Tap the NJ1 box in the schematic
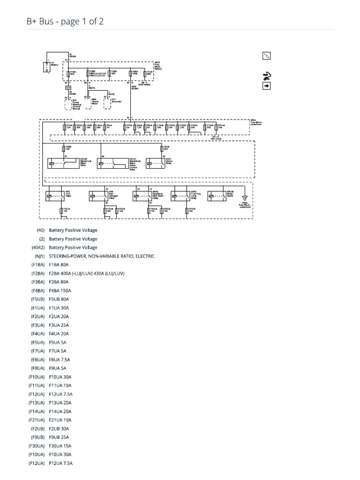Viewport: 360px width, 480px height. (68, 87)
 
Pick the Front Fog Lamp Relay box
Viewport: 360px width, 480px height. (180, 196)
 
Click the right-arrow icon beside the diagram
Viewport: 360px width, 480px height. (266, 86)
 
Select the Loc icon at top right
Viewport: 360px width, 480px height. (266, 56)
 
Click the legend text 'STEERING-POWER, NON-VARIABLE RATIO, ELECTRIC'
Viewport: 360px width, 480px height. (102, 256)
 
